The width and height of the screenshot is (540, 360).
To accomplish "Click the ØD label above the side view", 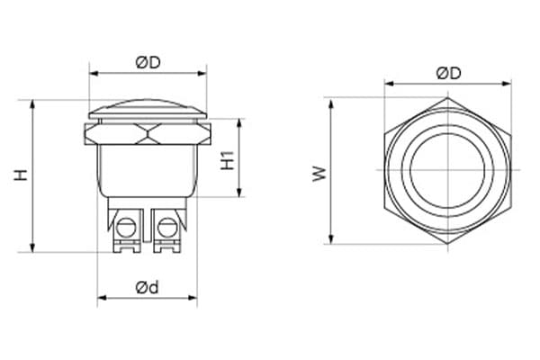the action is click(x=148, y=63).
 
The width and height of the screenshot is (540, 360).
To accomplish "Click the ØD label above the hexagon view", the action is click(x=448, y=74).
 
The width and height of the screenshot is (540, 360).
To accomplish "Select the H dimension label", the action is click(x=21, y=175).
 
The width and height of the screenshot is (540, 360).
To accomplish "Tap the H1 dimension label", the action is click(x=228, y=160).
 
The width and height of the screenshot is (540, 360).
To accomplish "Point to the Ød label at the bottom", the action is click(x=148, y=287).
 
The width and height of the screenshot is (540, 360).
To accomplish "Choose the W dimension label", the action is click(x=319, y=174).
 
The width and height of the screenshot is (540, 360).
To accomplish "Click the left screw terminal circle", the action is click(x=126, y=227).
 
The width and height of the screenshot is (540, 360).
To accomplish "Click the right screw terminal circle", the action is click(x=167, y=227).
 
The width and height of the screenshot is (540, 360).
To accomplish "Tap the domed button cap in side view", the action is click(x=148, y=110).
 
